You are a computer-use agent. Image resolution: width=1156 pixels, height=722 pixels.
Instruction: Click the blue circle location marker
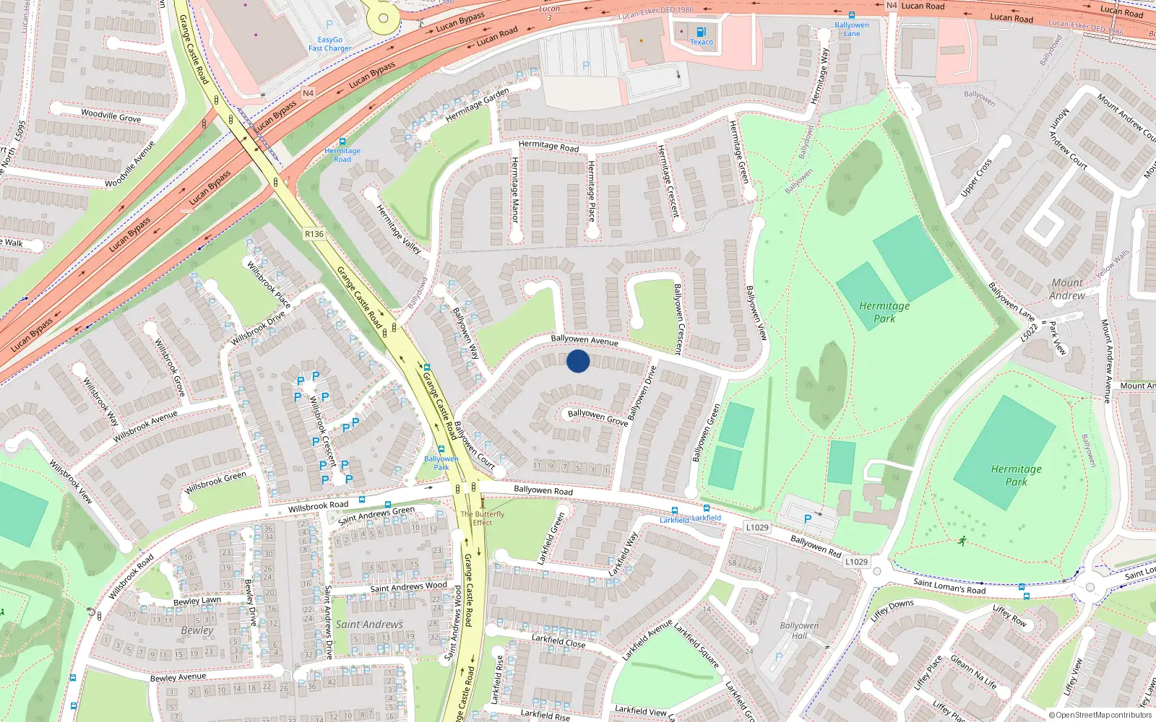click(x=578, y=361)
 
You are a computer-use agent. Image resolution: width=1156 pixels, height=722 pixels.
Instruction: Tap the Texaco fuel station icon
click(x=700, y=32)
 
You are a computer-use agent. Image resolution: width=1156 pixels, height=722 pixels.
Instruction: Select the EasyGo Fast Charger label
click(x=329, y=44)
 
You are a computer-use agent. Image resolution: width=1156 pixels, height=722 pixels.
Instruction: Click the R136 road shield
click(x=314, y=234)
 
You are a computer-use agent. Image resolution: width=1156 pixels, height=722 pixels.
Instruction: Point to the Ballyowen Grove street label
click(x=597, y=417)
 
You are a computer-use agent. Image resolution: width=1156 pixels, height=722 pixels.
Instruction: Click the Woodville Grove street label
click(x=111, y=115)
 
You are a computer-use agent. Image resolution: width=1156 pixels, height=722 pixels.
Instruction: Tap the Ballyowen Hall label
click(x=799, y=630)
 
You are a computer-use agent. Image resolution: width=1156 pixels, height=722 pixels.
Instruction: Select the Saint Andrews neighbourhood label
click(x=369, y=624)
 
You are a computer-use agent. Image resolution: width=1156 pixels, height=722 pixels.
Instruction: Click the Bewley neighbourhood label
click(x=197, y=630)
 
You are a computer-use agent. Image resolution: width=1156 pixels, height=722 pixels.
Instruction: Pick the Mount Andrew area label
click(x=1067, y=289)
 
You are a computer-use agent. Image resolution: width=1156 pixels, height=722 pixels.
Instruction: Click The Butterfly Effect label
click(x=483, y=518)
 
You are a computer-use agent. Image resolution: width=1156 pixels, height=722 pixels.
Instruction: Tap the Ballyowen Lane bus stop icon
click(x=852, y=15)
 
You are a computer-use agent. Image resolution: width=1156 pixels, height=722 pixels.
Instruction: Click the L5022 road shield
click(x=1029, y=332)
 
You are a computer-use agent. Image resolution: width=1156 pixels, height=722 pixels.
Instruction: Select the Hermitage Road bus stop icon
click(x=342, y=142)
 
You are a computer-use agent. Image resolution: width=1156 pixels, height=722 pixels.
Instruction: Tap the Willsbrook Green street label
click(x=215, y=482)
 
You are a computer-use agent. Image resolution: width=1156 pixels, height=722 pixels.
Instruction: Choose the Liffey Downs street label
click(x=892, y=611)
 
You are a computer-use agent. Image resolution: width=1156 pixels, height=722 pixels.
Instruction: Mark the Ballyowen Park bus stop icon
click(x=441, y=449)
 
